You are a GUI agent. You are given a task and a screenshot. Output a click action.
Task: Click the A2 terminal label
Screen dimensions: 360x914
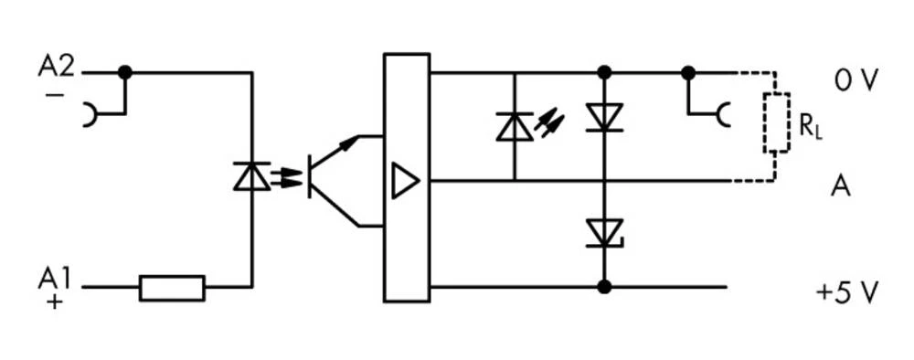[x=56, y=66]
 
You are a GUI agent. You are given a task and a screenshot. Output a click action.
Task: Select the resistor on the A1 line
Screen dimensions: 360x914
[x=172, y=288]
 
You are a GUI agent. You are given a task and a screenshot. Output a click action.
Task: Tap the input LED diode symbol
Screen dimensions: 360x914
[x=251, y=176]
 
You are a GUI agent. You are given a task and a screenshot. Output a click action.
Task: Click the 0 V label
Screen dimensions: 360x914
[x=856, y=81]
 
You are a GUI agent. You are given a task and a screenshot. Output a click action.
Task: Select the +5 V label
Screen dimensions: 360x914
[x=847, y=293]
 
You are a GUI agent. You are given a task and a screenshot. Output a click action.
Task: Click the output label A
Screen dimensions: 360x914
[x=841, y=186]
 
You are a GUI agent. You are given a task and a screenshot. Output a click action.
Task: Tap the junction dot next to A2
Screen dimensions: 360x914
[x=125, y=72]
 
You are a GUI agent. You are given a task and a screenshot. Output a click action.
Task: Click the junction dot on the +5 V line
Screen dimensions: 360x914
[x=603, y=287]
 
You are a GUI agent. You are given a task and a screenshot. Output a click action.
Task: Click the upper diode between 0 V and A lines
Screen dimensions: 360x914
[x=603, y=117]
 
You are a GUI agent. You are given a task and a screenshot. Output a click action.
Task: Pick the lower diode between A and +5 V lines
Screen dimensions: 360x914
[x=603, y=233]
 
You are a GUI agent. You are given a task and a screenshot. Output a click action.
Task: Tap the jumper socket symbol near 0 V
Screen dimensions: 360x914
[x=722, y=115]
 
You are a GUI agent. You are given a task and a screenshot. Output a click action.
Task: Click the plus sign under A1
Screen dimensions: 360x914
[x=54, y=302]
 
